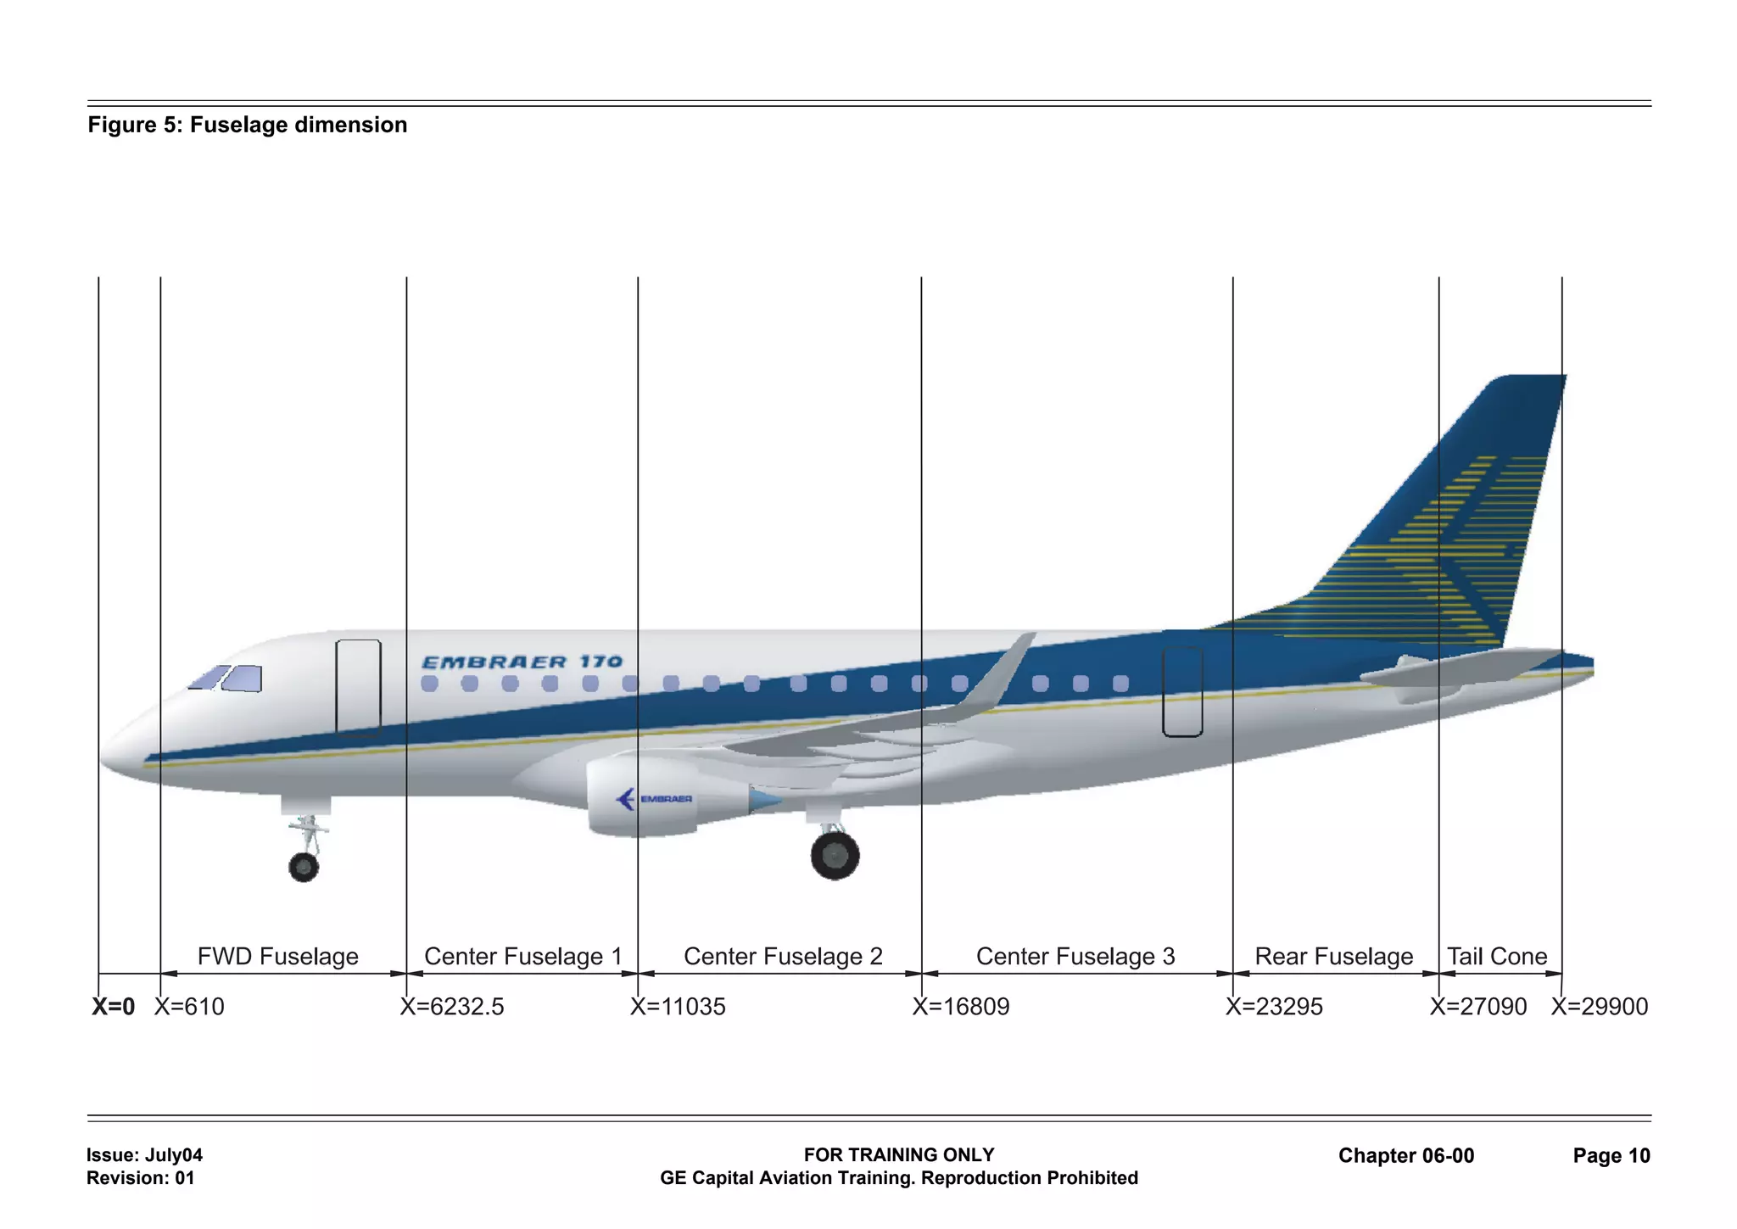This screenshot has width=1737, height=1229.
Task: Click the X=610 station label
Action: [189, 1007]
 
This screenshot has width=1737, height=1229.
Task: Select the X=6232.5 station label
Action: [452, 1007]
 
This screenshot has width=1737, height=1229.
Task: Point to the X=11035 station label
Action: [678, 1007]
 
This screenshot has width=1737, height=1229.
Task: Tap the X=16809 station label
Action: [961, 1007]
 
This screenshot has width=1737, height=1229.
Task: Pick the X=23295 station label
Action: [1274, 1007]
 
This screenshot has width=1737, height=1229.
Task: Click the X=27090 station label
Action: [1478, 1007]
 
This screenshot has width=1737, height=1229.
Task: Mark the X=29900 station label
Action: [1600, 1007]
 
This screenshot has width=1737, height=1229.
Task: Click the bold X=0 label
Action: [114, 1007]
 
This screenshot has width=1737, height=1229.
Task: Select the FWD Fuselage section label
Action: [278, 957]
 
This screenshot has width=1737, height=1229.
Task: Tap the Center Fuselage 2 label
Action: [783, 957]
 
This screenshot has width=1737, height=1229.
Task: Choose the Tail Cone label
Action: [1497, 957]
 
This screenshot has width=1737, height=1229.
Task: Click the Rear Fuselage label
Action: [1334, 957]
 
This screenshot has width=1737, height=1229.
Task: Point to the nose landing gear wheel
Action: [304, 867]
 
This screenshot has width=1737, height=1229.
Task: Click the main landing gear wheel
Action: [835, 855]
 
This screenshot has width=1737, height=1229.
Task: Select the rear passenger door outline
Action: [1182, 691]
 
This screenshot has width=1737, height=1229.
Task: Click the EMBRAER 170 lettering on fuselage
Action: [522, 662]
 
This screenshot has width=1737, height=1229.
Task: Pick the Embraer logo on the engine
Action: [653, 799]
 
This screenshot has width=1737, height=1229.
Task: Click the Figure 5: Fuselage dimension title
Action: [248, 125]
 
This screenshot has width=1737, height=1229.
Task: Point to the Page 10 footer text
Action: [1611, 1155]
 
